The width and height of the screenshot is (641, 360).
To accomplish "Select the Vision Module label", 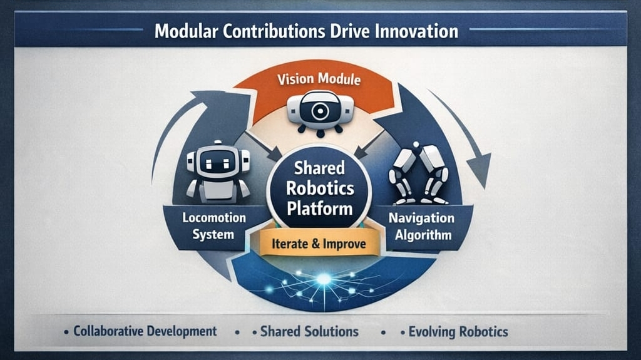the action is coord(320,80).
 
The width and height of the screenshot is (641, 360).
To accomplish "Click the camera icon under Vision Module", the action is coord(320,112).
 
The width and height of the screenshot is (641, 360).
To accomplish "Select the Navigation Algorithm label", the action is coord(421,227).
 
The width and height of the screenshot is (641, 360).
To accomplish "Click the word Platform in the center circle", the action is coord(320,208).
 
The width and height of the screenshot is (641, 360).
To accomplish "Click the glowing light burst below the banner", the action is coord(323,279).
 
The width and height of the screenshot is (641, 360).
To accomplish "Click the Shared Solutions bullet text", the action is coord(309,331).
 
